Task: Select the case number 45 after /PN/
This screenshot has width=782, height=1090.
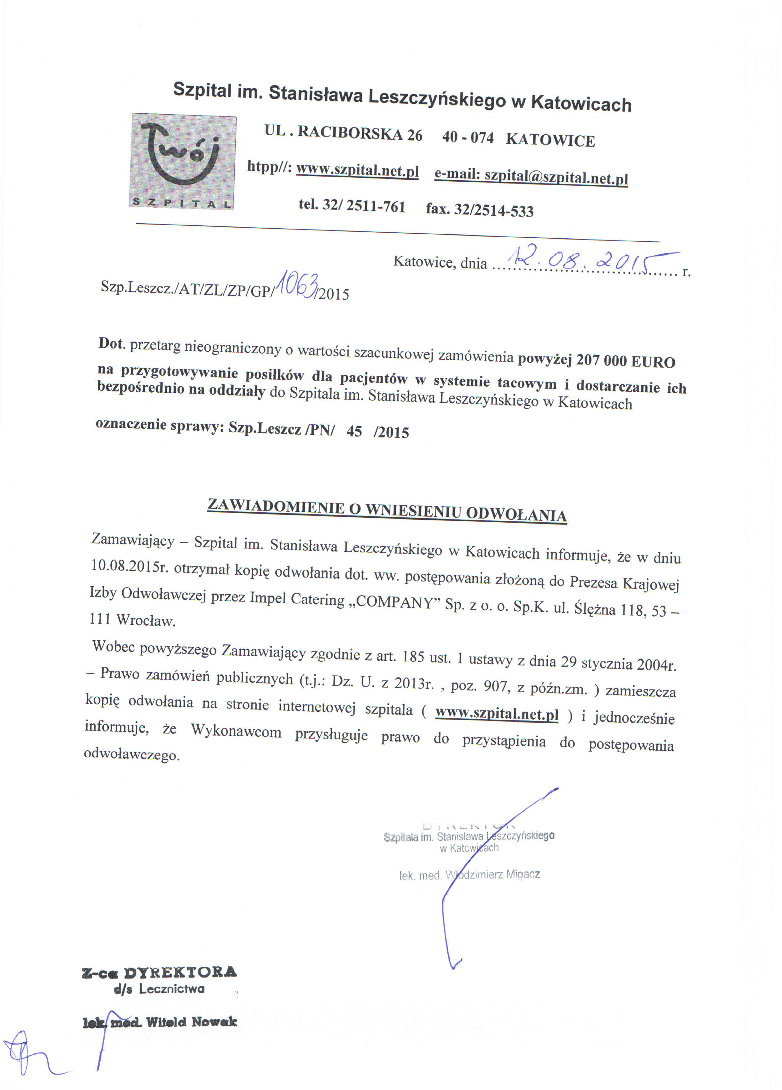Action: [354, 431]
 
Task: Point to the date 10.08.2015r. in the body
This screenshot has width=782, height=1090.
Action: [129, 566]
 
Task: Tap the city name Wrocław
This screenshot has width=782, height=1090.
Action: [146, 620]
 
